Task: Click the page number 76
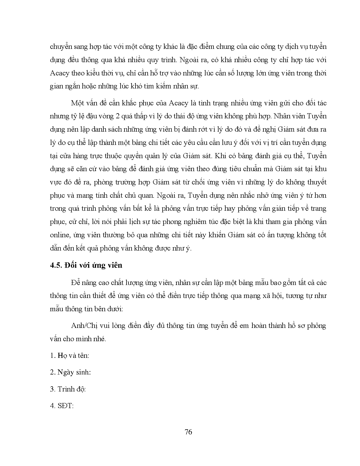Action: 188,432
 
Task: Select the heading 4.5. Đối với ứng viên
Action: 86,265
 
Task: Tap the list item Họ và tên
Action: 69,355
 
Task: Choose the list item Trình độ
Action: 68,389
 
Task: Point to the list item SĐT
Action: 62,406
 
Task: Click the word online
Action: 59,235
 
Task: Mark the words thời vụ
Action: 112,73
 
